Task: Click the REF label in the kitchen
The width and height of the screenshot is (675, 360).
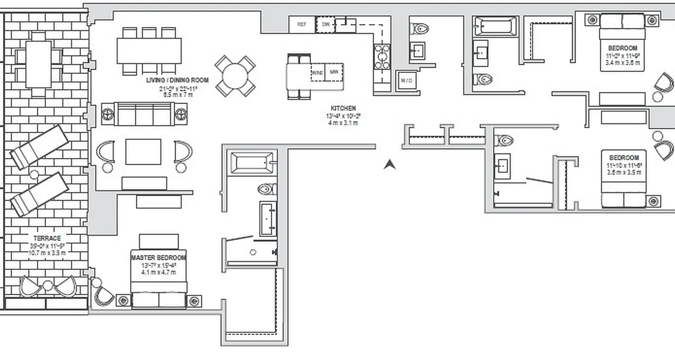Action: coord(302,25)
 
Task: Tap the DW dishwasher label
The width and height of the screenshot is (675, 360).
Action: coord(325,25)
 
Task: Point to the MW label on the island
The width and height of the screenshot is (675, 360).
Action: coord(334,72)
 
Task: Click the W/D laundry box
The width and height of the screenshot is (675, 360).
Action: coord(406,81)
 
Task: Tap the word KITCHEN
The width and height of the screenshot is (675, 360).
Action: coord(343,108)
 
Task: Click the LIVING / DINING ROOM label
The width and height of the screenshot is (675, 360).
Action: coord(177,81)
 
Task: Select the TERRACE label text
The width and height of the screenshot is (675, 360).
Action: coord(47,238)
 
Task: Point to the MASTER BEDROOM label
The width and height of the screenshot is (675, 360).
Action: coord(158,258)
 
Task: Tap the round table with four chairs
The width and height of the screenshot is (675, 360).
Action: coord(235,76)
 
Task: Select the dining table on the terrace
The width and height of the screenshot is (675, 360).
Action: coord(38,64)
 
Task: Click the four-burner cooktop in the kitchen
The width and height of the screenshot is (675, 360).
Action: coord(382,57)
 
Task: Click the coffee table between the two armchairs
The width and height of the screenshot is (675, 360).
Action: coord(143,152)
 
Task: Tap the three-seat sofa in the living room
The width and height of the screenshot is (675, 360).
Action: coord(144,114)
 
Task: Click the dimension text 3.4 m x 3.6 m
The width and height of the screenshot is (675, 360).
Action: coord(622,63)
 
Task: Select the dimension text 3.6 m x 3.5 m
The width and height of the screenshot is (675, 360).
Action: coord(624,172)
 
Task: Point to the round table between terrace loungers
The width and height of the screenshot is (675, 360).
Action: coord(34,175)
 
